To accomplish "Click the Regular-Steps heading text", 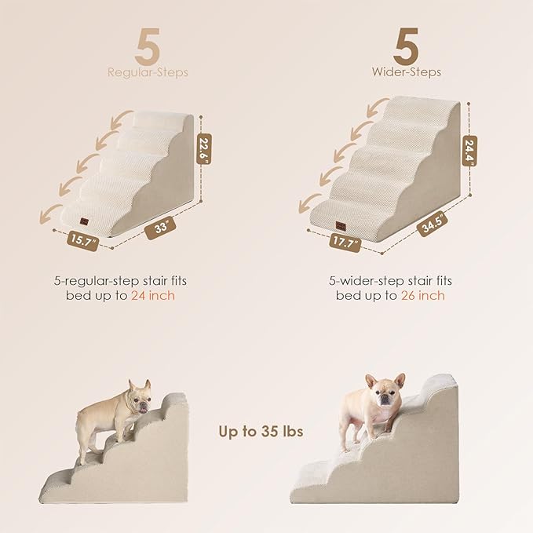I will pyautogui.click(x=148, y=73).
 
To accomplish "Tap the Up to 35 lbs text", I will pyautogui.click(x=261, y=432).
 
